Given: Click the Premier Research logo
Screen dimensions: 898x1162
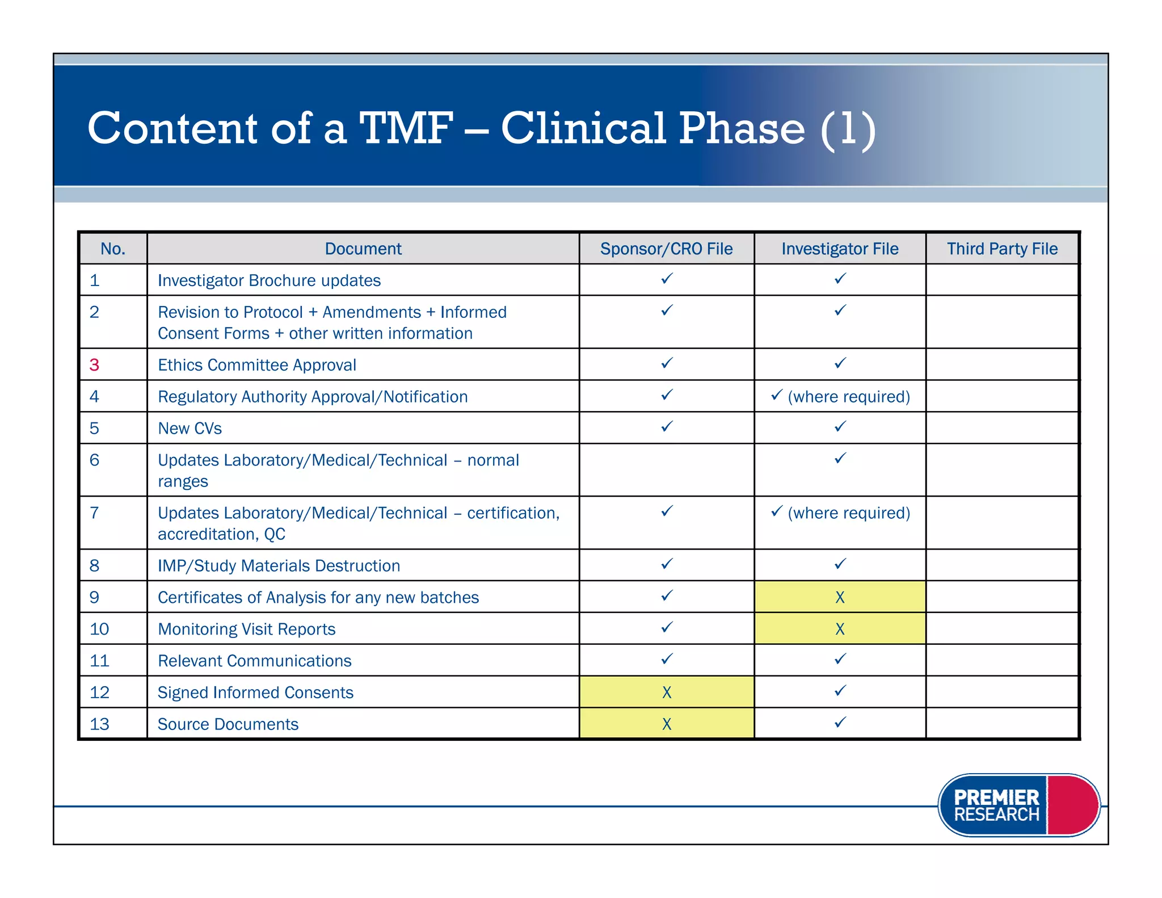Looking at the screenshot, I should [1018, 805].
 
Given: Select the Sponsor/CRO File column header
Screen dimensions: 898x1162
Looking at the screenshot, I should [666, 249].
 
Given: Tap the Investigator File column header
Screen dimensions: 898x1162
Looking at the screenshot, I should [840, 249].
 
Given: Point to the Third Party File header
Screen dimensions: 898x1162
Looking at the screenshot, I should [1002, 249].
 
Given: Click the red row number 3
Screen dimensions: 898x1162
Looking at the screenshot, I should [94, 364].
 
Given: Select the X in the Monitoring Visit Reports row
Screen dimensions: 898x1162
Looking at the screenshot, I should [840, 629].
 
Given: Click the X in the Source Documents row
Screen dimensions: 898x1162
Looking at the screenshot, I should [667, 724].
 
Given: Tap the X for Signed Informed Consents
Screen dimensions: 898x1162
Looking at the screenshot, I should [667, 693].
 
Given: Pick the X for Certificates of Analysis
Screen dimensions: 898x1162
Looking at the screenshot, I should [840, 597].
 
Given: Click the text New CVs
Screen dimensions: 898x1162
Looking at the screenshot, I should [190, 428].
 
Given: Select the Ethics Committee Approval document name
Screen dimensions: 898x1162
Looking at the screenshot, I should [257, 364].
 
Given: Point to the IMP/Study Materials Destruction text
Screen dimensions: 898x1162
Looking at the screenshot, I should [279, 565].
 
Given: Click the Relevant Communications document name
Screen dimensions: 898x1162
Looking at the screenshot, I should [254, 661].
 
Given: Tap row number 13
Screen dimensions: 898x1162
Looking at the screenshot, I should [99, 724].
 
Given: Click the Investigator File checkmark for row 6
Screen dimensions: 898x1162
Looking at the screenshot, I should [840, 458].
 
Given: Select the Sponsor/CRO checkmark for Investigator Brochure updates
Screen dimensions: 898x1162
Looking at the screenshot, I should [667, 278].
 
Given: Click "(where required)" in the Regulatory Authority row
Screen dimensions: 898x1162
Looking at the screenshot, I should [849, 396].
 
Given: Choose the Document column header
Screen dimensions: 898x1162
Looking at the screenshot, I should [363, 249].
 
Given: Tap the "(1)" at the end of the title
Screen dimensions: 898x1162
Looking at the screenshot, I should [848, 129].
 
